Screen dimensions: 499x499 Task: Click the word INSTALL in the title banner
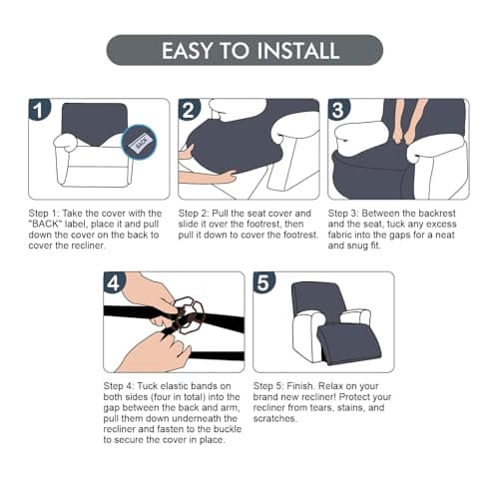tap(298, 50)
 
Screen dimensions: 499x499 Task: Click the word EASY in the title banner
tap(188, 50)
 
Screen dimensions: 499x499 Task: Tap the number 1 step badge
tap(39, 110)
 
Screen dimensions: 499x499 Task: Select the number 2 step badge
tap(189, 110)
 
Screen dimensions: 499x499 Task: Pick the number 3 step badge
tap(338, 110)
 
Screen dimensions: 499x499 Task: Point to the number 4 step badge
tap(114, 282)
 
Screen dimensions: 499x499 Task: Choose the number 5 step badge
tap(263, 282)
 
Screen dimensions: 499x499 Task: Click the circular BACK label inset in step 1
tap(140, 143)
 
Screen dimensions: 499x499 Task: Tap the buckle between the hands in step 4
tap(189, 314)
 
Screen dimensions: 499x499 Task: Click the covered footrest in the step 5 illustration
tap(348, 344)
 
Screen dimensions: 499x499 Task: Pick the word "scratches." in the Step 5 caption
tap(274, 418)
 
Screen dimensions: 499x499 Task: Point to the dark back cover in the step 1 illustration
tap(95, 125)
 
